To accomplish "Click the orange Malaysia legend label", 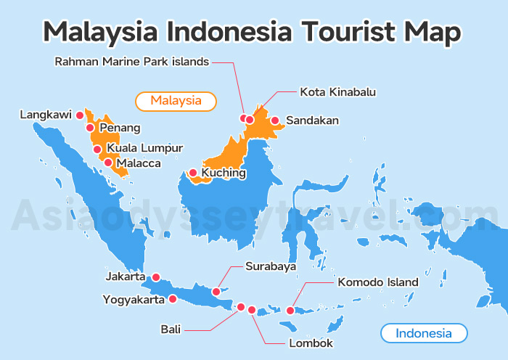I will (x=176, y=101).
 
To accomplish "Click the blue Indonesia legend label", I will (x=424, y=334).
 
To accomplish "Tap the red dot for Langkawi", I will (x=80, y=115).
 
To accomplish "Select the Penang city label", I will (x=120, y=128).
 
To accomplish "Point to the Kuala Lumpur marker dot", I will (x=97, y=150).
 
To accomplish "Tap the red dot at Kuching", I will (x=193, y=173).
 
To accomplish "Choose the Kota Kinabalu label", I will (x=338, y=92).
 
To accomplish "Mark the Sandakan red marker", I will (x=275, y=120).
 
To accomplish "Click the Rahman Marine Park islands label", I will (x=132, y=62).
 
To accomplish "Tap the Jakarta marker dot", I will (x=155, y=277).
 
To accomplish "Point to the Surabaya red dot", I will (x=216, y=292).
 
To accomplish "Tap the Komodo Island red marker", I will (x=290, y=311).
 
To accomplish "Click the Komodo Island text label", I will (x=378, y=282).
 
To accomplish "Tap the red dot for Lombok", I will (x=252, y=310).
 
